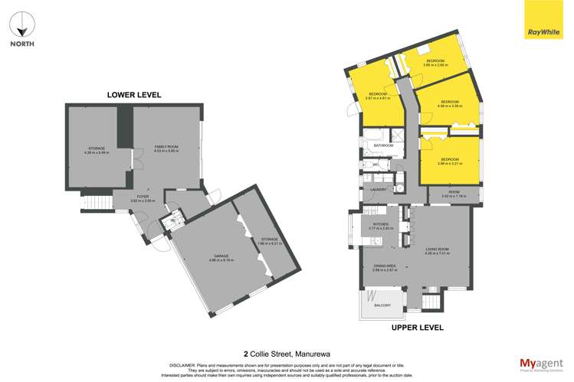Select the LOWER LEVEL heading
coord(133,95)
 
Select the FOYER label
coord(143,196)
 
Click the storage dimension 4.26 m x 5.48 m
coord(96,153)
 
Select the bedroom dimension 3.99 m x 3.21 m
coord(450,163)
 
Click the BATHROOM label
coord(382,145)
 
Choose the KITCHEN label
coord(380,224)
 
